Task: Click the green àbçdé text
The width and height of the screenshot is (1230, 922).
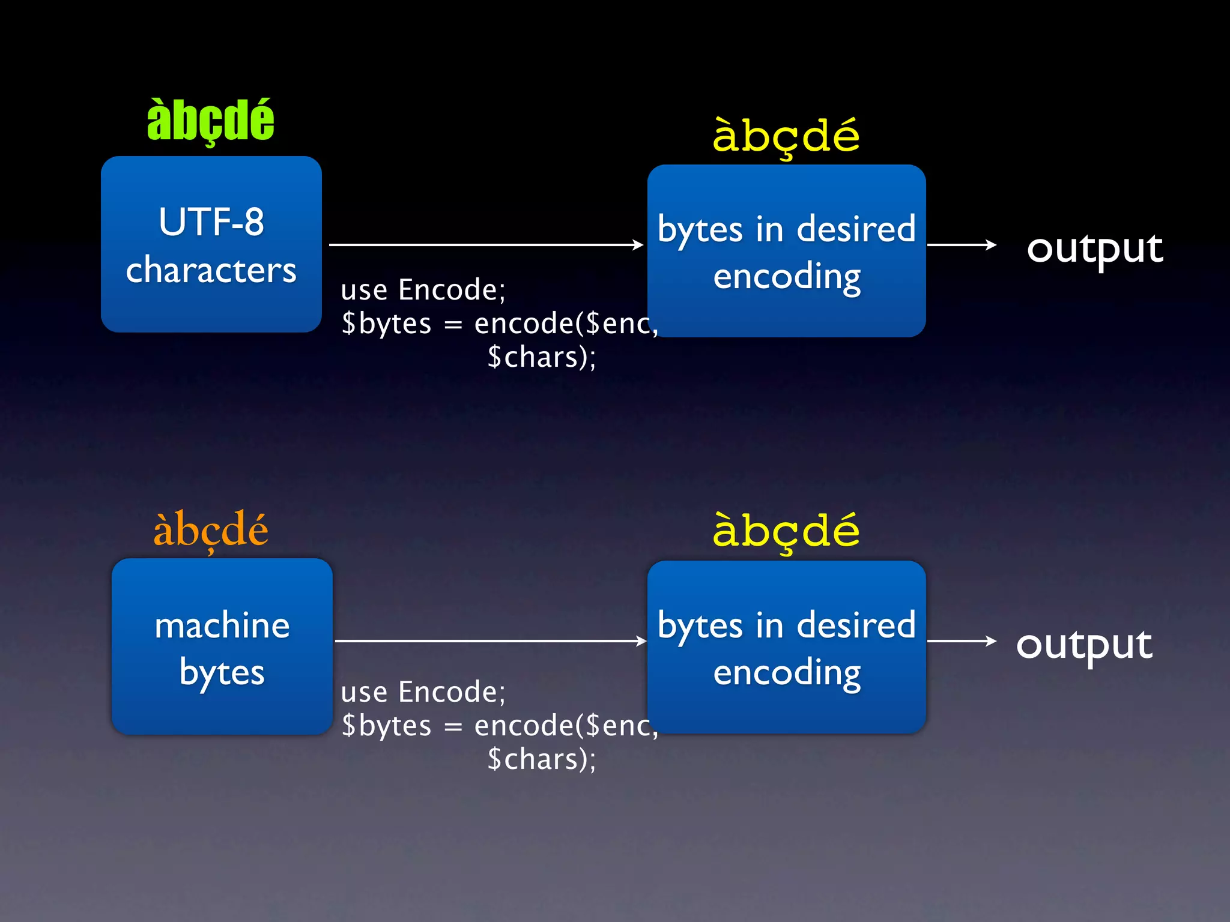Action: coord(210,121)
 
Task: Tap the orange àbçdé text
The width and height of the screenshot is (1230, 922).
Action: coord(210,530)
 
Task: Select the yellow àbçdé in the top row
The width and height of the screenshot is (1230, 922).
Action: coord(786,136)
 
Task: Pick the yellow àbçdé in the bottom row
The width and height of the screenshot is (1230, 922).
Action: coord(786,531)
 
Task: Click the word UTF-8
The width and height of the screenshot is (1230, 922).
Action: coord(211,222)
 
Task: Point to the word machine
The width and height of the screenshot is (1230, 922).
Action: coord(222,625)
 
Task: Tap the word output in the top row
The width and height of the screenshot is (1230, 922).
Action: coord(1095,248)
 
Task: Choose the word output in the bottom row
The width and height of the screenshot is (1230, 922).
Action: coord(1084,644)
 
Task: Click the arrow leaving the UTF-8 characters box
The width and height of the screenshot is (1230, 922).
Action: coord(485,245)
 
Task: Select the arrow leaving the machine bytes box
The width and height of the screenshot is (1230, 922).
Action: coord(489,641)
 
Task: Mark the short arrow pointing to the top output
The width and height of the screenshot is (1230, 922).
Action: coord(961,245)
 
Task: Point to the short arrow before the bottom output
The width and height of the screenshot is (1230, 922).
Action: coord(961,641)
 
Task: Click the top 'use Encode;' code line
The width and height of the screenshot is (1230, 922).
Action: coord(423,290)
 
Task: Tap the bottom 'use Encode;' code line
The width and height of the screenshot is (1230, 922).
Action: coord(423,692)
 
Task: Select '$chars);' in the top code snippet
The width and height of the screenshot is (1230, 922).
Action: coord(541,357)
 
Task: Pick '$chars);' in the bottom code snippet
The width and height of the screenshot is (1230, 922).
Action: coord(541,759)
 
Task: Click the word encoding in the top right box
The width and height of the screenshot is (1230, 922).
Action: coord(787,277)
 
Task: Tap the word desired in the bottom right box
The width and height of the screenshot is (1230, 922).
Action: coord(856,625)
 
